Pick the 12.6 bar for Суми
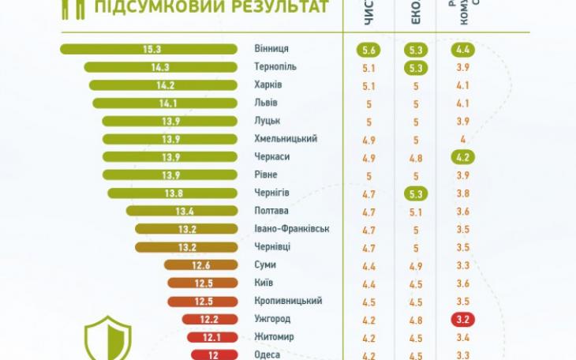(200, 265)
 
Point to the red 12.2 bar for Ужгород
(209, 319)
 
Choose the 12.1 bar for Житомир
(211, 337)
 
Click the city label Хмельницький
(286, 139)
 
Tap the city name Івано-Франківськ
(291, 229)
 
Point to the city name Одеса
(268, 354)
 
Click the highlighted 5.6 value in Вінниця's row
(368, 50)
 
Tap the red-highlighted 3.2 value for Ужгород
(464, 320)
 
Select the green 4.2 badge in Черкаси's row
(464, 157)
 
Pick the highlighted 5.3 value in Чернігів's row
(416, 193)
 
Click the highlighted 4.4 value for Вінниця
(464, 50)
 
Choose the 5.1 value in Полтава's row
(416, 212)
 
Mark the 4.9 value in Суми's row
(416, 265)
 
